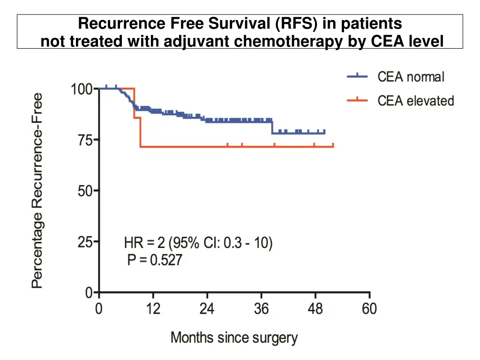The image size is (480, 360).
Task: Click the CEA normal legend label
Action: [411, 77]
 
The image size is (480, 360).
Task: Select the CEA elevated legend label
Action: [416, 101]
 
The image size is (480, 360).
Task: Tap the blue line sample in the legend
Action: [357, 77]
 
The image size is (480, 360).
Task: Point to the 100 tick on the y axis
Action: [82, 89]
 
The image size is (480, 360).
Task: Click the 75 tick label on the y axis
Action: [86, 140]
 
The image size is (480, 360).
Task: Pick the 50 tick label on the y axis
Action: [86, 191]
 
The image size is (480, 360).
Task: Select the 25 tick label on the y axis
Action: [86, 242]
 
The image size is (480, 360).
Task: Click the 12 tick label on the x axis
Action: [153, 309]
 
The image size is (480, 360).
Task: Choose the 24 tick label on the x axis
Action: [207, 309]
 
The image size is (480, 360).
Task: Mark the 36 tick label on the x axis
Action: [261, 309]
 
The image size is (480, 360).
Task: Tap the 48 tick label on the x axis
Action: [315, 309]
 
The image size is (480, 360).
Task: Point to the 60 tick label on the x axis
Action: [369, 309]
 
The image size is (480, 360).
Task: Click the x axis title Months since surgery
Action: [234, 337]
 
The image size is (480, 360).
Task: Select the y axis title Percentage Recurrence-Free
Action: [37, 190]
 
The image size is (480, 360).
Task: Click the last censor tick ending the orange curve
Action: [333, 145]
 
